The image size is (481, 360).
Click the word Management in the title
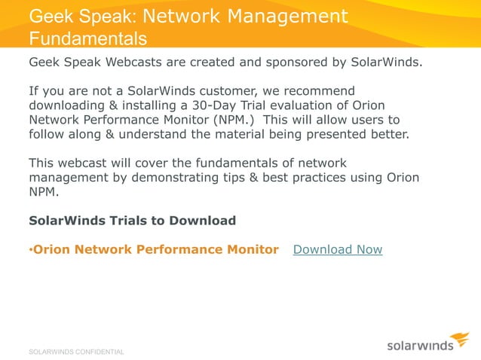(x=283, y=16)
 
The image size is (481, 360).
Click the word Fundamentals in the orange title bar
(x=87, y=38)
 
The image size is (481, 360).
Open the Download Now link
(x=337, y=249)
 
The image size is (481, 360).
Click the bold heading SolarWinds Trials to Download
(x=132, y=221)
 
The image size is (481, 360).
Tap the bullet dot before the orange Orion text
(x=30, y=250)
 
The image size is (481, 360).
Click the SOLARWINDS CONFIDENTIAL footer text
(x=76, y=352)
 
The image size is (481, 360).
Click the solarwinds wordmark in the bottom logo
(x=421, y=346)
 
